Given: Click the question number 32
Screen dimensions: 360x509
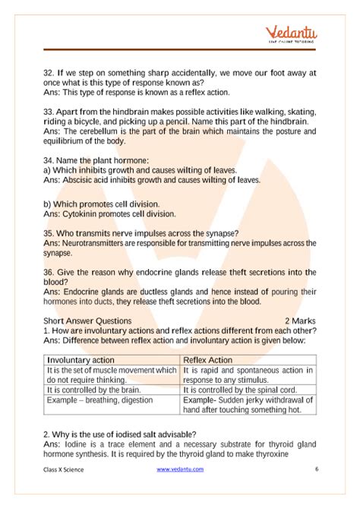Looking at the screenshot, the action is pyautogui.click(x=48, y=73).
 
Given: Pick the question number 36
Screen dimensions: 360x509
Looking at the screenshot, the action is pyautogui.click(x=48, y=272).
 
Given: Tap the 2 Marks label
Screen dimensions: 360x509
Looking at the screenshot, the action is pyautogui.click(x=300, y=321).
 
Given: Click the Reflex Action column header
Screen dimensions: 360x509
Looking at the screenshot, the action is pyautogui.click(x=208, y=359).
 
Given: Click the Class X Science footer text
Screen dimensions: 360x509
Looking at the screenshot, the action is pyautogui.click(x=63, y=469).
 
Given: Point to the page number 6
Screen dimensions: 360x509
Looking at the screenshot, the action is pyautogui.click(x=316, y=469).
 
